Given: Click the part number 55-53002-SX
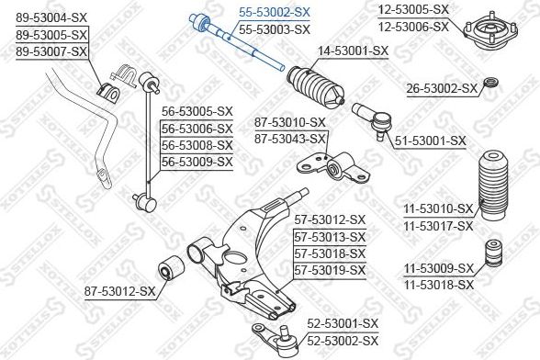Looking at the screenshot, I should [x=274, y=13].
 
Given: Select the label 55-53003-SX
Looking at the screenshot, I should [x=274, y=29].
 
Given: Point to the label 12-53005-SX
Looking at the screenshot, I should [x=441, y=9].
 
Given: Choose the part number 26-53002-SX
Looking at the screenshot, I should [x=443, y=88].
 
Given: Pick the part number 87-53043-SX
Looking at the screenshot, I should [x=291, y=138].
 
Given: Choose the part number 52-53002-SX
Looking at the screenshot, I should [x=342, y=339].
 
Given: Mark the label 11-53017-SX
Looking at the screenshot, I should [x=438, y=225].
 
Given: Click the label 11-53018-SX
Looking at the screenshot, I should [x=438, y=285].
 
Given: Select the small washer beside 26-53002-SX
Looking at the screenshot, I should [x=491, y=87].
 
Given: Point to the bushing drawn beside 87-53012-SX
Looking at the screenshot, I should [x=170, y=271].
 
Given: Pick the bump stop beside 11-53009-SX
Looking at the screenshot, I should [x=493, y=256].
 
